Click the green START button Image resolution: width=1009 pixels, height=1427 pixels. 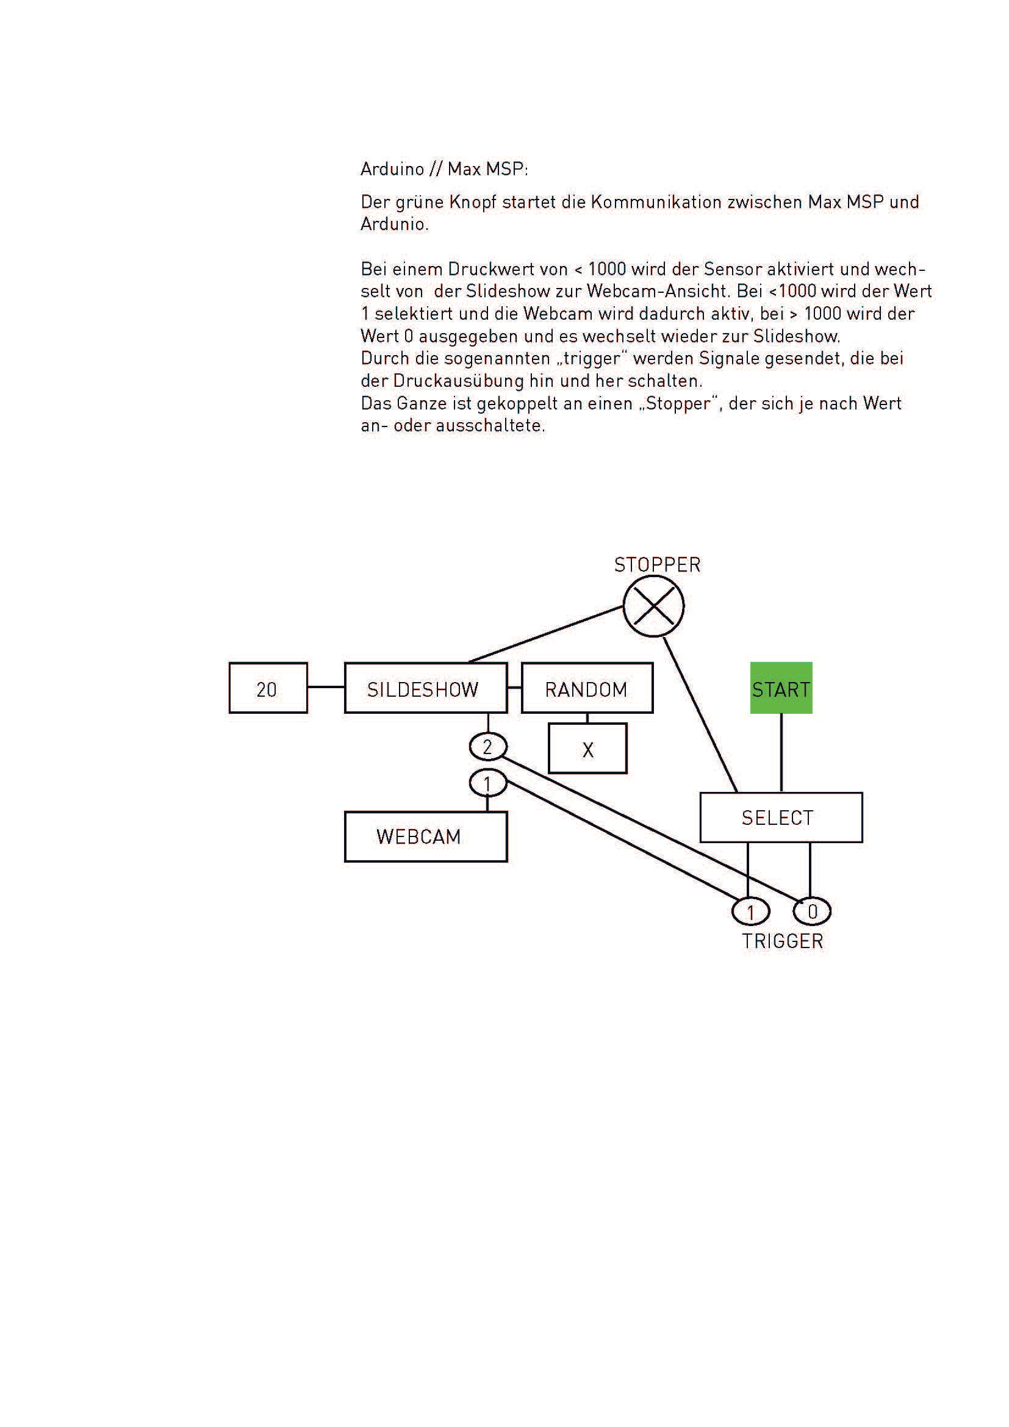pyautogui.click(x=781, y=688)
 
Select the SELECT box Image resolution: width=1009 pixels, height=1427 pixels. pyautogui.click(x=780, y=818)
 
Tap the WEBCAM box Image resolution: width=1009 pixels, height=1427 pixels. pyautogui.click(x=426, y=836)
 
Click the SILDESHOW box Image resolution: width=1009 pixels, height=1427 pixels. pyautogui.click(x=426, y=688)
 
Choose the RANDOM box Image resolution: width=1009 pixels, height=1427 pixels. pyautogui.click(x=586, y=688)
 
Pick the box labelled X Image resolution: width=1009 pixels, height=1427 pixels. pyautogui.click(x=587, y=749)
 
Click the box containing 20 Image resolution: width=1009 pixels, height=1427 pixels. pyautogui.click(x=268, y=688)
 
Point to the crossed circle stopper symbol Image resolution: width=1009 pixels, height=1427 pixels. pyautogui.click(x=653, y=606)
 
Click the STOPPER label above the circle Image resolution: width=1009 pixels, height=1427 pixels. pyautogui.click(x=657, y=565)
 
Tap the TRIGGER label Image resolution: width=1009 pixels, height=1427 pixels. pyautogui.click(x=781, y=941)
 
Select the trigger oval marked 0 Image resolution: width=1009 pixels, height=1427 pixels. pyautogui.click(x=811, y=911)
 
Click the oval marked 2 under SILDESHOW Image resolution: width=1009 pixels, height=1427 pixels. pyautogui.click(x=488, y=746)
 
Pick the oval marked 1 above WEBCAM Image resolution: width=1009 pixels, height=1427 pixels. pyautogui.click(x=488, y=784)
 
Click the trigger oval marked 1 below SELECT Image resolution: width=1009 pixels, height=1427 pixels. pyautogui.click(x=750, y=911)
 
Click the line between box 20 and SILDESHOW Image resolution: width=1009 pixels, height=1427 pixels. pyautogui.click(x=326, y=687)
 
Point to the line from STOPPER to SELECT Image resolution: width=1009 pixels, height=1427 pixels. pyautogui.click(x=701, y=715)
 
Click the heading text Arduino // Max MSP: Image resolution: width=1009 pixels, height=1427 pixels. pyautogui.click(x=443, y=169)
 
